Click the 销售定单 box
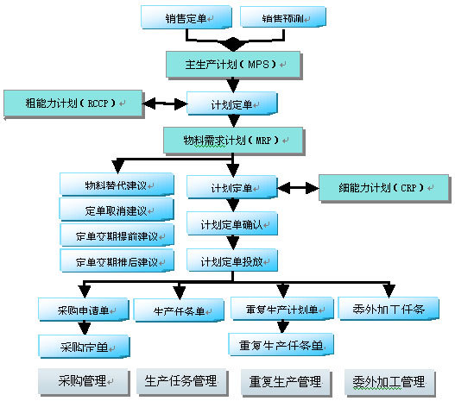pos(186,17)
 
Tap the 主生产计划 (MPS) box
pos(232,63)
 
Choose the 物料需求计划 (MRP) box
pos(232,138)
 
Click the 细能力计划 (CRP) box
pos(383,188)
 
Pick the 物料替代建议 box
pos(117,185)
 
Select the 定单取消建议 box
pos(117,210)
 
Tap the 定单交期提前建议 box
pos(117,235)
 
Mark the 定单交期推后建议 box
pos(117,260)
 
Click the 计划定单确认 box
pos(232,224)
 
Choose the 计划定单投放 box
pos(232,260)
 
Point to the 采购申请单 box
pos(84,310)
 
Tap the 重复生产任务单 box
pos(280,346)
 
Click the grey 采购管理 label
pos(84,380)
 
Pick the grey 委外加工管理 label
pos(389,380)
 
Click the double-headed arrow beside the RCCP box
pos(166,104)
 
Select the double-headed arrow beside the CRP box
pos(298,187)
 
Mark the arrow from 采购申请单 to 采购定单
pos(84,329)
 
